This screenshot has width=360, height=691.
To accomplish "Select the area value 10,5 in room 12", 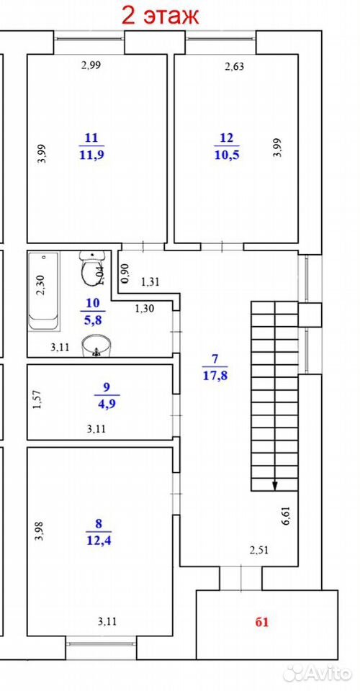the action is coord(227,155).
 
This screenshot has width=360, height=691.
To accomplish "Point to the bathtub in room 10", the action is coord(43,291).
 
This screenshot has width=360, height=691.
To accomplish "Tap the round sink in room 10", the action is coord(96,345).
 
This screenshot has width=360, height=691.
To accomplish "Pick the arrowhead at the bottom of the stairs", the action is coord(274,485).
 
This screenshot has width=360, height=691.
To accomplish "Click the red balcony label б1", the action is coord(262,622).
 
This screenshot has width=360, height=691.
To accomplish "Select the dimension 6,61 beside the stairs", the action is coord(287,515).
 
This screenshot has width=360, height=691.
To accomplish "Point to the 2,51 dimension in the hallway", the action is coord(258,550).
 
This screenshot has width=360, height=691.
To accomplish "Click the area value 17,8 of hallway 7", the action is coord(215,376).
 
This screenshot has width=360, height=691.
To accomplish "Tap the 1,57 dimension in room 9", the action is coord(38,399).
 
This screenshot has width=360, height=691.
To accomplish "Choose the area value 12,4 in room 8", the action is coord(98,539).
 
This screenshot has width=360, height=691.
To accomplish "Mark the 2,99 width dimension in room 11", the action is coord(91,66).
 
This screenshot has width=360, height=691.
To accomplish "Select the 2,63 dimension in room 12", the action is coord(234,67).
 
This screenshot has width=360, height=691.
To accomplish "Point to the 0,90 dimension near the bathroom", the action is coord(125,274).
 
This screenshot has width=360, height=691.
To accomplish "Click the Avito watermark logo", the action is coord(318,673).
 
